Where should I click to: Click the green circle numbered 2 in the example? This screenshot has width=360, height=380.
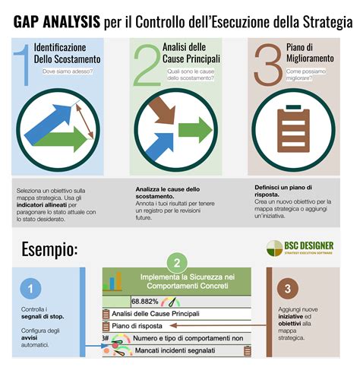pos(177,264)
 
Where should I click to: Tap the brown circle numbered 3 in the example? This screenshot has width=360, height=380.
pos(286,289)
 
